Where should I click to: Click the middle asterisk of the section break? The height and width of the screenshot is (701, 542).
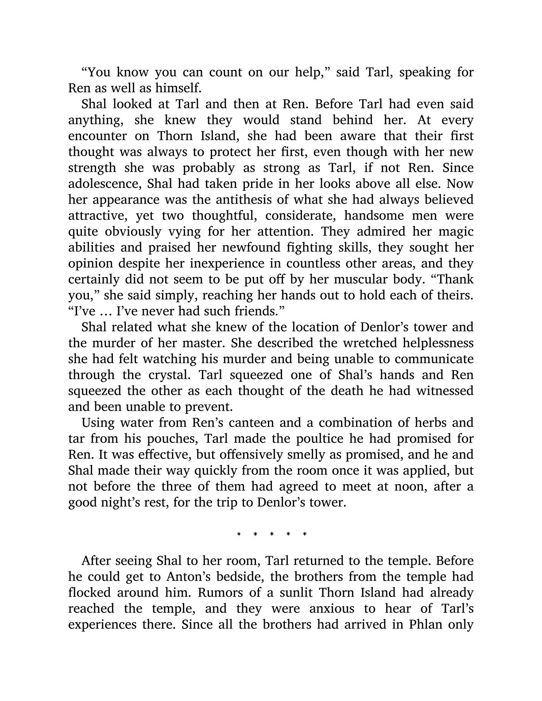271,534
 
